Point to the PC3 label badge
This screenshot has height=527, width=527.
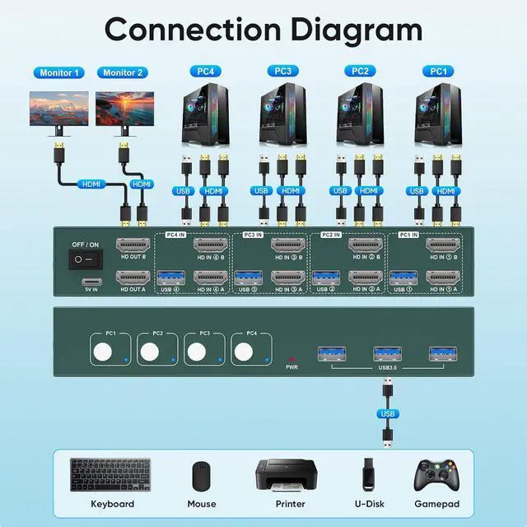click(282, 72)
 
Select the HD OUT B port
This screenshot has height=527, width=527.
click(133, 246)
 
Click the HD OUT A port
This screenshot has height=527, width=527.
click(133, 278)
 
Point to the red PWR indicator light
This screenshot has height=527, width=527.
click(291, 359)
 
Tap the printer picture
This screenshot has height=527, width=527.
click(285, 475)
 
